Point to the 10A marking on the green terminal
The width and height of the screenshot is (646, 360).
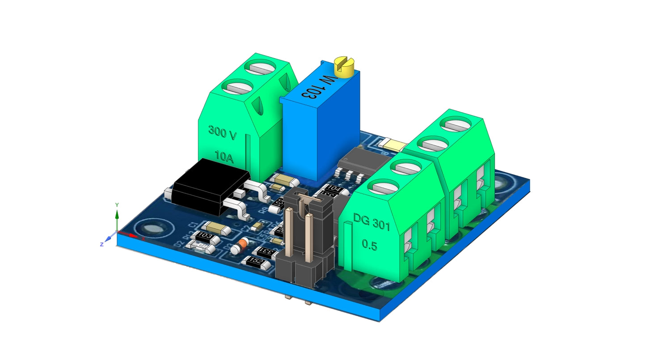(x=224, y=156)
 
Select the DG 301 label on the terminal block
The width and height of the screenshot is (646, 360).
(x=372, y=222)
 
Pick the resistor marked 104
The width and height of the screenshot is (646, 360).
(x=334, y=189)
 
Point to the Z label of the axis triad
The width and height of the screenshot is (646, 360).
(x=102, y=244)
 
